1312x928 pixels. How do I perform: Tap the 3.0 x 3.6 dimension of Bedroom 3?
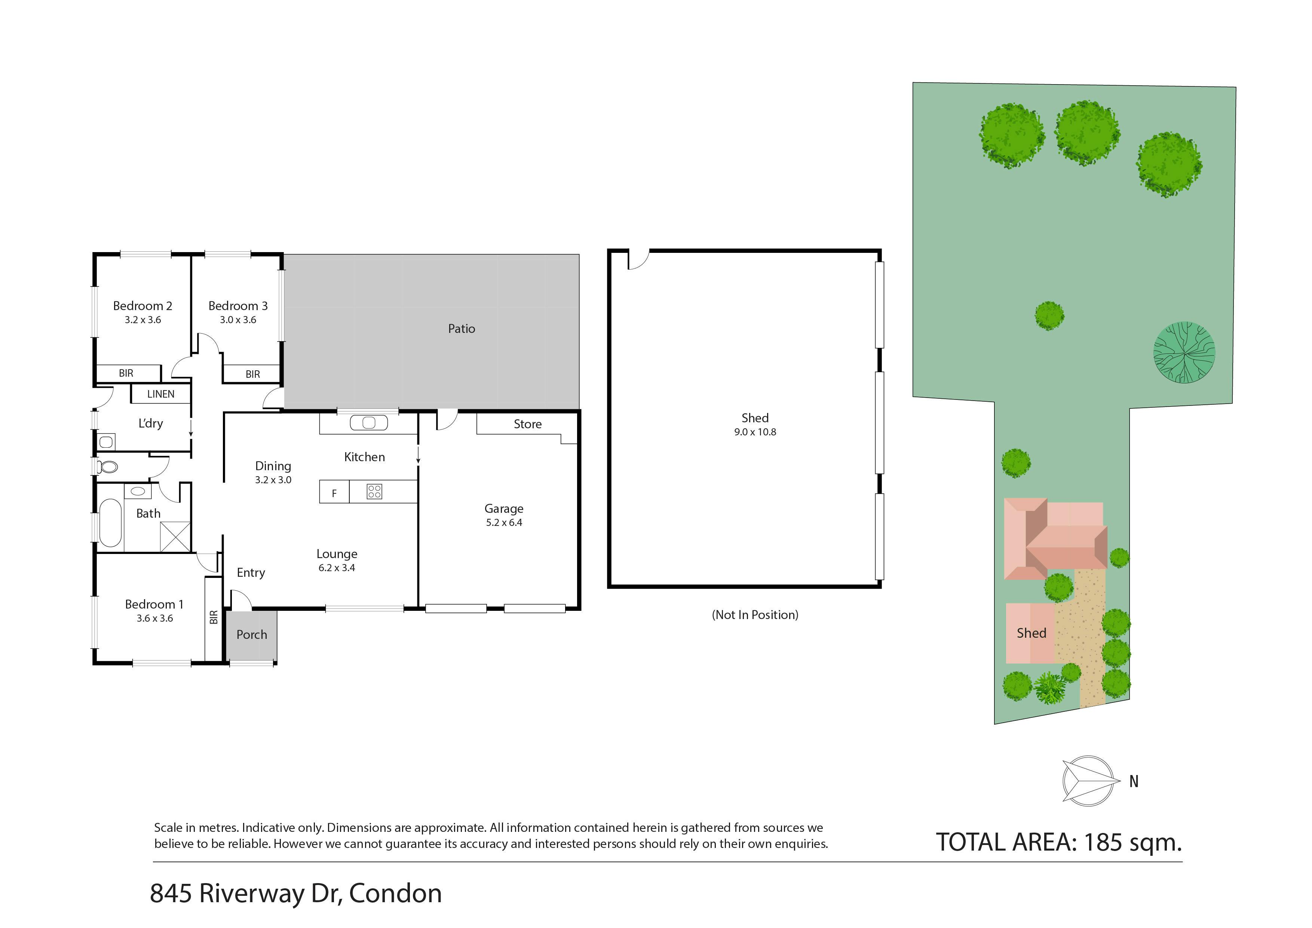(238, 320)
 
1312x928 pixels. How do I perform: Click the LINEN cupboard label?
(160, 394)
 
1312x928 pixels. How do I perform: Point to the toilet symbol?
(107, 467)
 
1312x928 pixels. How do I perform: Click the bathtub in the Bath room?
(110, 523)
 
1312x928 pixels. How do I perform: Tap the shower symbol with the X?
(175, 537)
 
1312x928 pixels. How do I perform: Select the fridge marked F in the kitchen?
(334, 492)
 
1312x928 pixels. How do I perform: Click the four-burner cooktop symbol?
(374, 491)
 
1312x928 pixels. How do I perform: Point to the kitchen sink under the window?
(368, 423)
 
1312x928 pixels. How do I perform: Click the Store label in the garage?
(527, 424)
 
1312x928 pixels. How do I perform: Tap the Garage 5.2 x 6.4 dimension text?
(504, 522)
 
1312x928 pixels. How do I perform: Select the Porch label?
(251, 634)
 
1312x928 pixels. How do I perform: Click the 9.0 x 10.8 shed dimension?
(755, 432)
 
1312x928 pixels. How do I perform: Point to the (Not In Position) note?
(755, 615)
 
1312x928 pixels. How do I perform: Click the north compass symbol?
(1089, 781)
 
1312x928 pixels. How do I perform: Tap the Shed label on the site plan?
(1031, 633)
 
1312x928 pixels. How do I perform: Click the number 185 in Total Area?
(1103, 842)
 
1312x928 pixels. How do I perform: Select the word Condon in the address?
(395, 894)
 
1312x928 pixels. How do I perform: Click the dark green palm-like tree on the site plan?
(1184, 352)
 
